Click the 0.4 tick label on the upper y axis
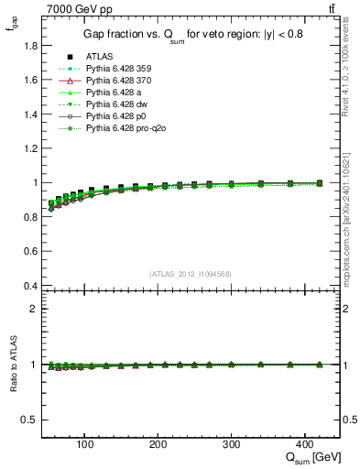pyautogui.click(x=30, y=286)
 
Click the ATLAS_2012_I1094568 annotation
pyautogui.click(x=191, y=274)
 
